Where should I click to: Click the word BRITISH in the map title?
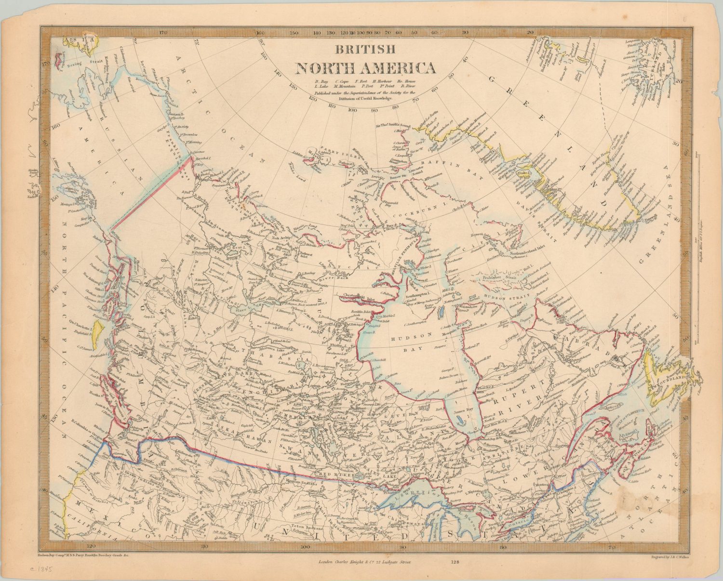(x=365, y=50)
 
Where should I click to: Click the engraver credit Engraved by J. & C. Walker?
(x=670, y=557)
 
